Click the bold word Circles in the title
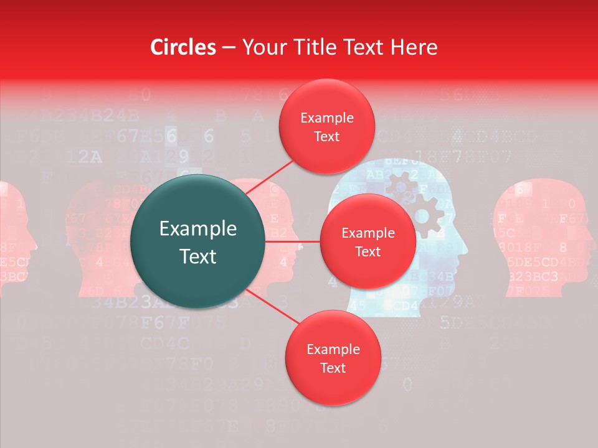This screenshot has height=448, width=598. (183, 47)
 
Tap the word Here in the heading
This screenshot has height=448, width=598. (414, 47)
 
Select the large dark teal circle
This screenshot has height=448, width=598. (198, 241)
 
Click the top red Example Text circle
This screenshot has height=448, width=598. (326, 127)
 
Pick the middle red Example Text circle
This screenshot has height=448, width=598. (368, 242)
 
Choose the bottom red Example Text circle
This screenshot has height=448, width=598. (333, 358)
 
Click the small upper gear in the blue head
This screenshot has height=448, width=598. (399, 185)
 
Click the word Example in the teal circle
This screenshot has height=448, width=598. (198, 229)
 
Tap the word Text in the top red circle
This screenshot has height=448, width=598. (326, 137)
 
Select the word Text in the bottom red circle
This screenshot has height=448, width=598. (333, 368)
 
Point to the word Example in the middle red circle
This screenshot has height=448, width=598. (368, 233)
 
